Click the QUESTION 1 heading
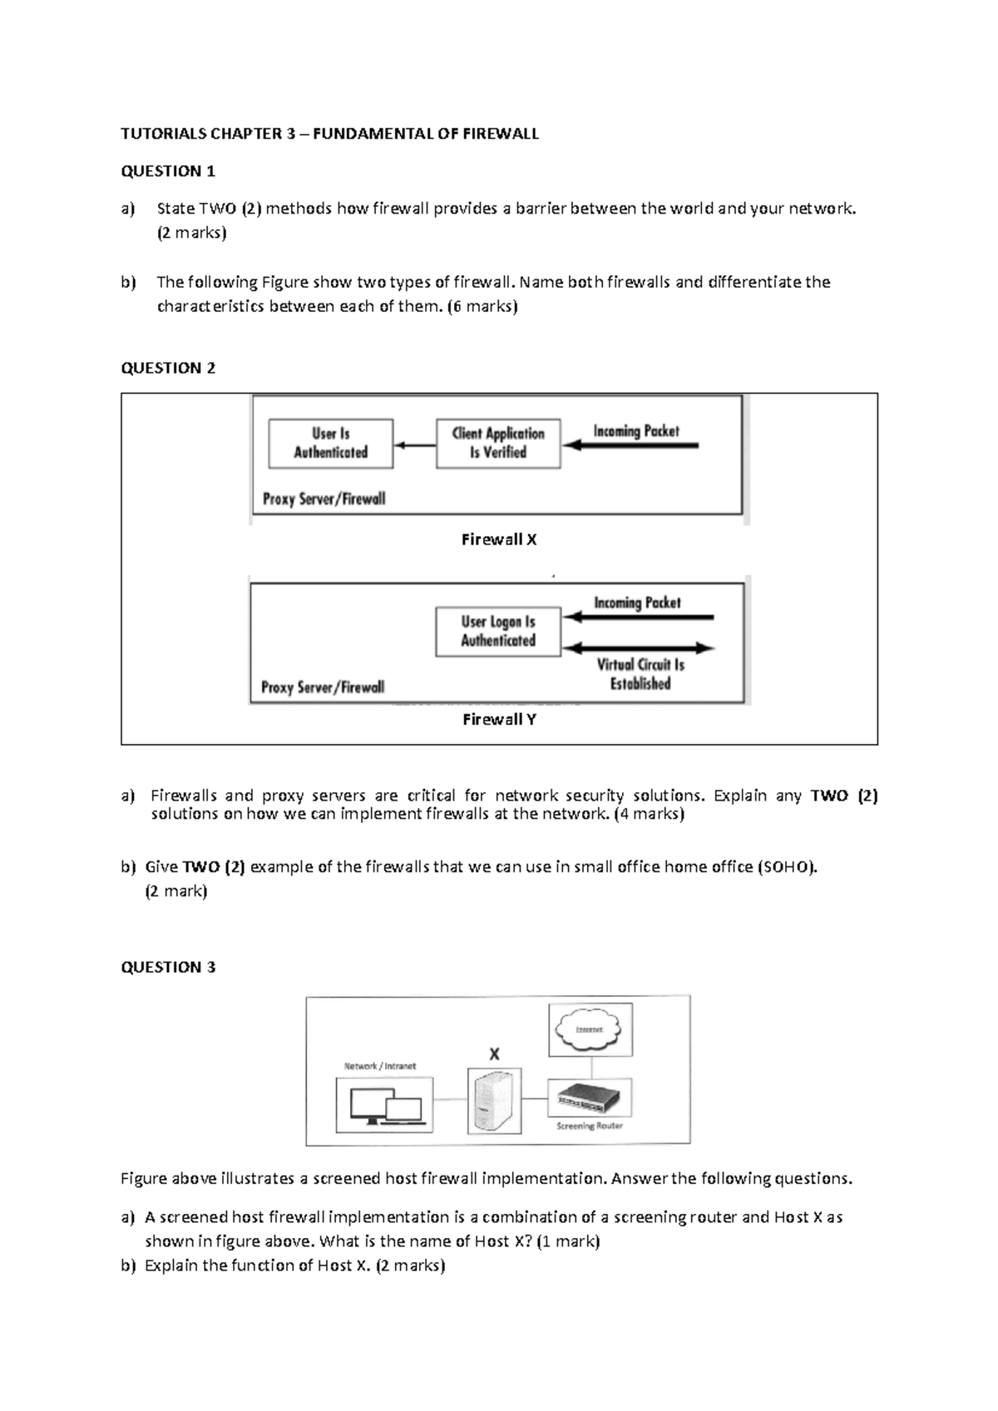click(x=168, y=171)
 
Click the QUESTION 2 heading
click(x=168, y=368)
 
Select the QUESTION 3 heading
click(x=168, y=967)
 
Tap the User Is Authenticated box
click(x=330, y=443)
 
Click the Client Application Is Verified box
click(x=498, y=443)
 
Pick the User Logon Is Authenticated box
click(x=498, y=631)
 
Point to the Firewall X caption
click(x=499, y=540)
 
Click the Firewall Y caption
click(x=499, y=720)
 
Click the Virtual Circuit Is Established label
click(x=640, y=674)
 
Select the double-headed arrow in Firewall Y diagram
click(x=638, y=648)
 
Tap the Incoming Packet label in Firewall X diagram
click(x=636, y=431)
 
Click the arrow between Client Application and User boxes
click(x=415, y=445)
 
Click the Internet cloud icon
click(x=590, y=1029)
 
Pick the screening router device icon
click(x=590, y=1098)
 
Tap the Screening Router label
click(x=590, y=1127)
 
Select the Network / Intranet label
click(x=380, y=1066)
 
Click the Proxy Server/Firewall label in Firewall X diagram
click(x=324, y=499)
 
